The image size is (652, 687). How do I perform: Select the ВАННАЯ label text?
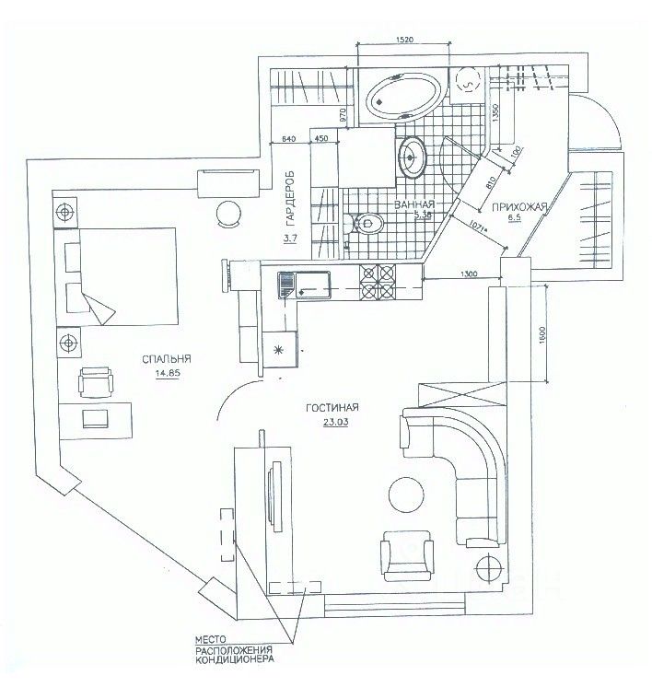click(x=413, y=204)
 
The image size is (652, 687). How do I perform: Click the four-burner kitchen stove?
click(x=378, y=282)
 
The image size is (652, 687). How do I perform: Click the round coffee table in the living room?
click(x=408, y=495)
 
